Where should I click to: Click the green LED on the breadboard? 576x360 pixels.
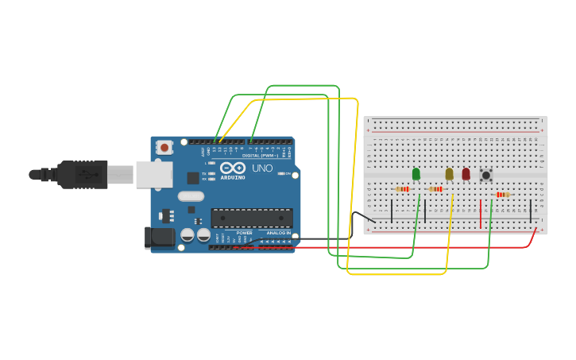click(416, 174)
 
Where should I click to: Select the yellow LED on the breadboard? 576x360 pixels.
click(449, 174)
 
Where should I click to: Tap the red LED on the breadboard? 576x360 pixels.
click(466, 174)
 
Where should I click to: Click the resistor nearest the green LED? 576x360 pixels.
click(403, 189)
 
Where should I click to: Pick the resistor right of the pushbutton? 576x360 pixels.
click(501, 195)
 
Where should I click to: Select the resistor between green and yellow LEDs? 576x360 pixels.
click(436, 189)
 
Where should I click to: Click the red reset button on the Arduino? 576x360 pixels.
click(164, 147)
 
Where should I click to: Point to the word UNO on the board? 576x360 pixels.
click(262, 168)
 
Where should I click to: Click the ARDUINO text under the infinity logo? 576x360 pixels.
click(233, 177)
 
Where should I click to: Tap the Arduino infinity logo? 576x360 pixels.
click(233, 168)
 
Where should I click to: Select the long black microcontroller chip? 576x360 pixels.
click(251, 218)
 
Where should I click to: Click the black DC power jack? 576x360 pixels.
click(160, 238)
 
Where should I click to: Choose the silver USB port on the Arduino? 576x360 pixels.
click(153, 174)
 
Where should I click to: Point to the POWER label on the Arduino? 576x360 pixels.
click(244, 233)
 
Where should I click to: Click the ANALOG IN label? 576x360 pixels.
click(278, 233)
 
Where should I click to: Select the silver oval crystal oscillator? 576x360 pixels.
click(191, 195)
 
